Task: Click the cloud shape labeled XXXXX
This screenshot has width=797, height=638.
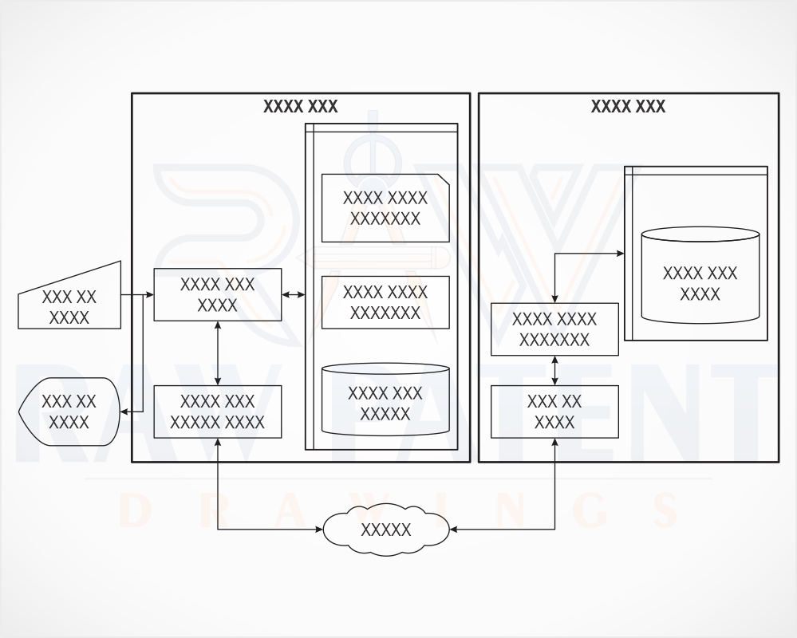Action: coord(386,530)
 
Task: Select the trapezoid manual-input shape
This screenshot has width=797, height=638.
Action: coord(69,300)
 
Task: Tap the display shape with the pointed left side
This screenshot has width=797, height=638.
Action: coord(69,412)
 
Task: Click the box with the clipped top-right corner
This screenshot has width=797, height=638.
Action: coord(385,208)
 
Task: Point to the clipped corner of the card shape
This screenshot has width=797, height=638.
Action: coord(444,179)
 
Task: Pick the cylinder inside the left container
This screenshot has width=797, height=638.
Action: coord(385,400)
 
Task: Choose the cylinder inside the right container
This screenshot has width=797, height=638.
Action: coord(700,275)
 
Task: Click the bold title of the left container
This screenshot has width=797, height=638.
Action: coord(301,107)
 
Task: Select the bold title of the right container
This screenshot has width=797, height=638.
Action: coord(628,107)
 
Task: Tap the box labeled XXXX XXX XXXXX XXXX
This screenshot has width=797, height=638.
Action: coord(218,412)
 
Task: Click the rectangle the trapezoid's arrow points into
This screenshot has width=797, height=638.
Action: coord(218,294)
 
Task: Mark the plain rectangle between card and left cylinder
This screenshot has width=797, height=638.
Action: coord(385,302)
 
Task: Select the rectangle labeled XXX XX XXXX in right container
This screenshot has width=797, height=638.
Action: coord(554,412)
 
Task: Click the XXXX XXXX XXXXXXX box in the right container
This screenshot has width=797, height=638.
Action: coord(554,329)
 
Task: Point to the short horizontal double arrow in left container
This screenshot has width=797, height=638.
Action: coord(294,294)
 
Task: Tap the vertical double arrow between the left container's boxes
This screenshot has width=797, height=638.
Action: coord(218,353)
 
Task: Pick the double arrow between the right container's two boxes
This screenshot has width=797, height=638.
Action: coord(554,370)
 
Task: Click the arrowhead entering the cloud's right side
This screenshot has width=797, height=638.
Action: coord(453,530)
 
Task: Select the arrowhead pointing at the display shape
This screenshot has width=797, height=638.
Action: coord(124,412)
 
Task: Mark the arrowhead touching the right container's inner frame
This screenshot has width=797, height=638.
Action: coord(620,253)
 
